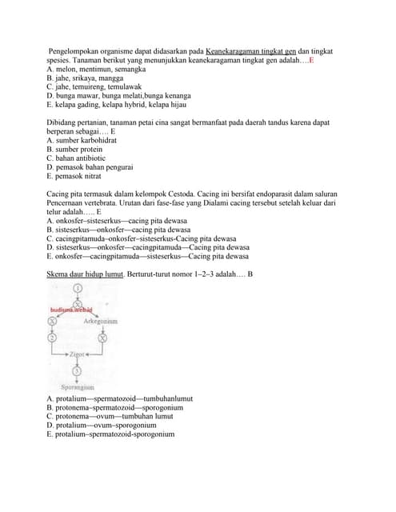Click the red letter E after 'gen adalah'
311,60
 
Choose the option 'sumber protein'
74,149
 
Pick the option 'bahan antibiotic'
78,158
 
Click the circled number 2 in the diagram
53,338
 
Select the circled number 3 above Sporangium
77,371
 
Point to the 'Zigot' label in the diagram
78,353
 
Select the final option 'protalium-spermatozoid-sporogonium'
110,434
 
